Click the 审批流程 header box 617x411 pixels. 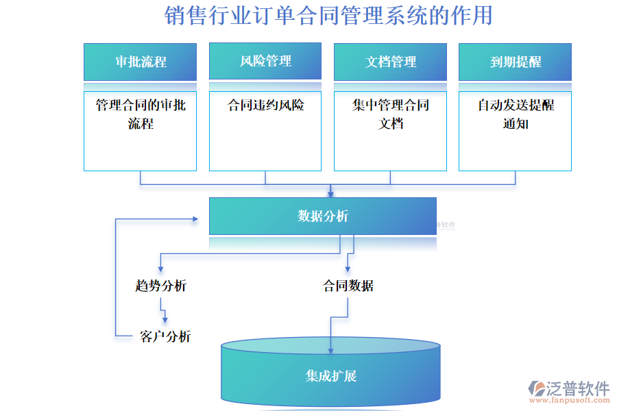tap(140, 62)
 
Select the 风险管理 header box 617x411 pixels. tap(265, 61)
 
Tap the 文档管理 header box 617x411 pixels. tap(390, 62)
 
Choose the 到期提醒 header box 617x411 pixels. tap(515, 62)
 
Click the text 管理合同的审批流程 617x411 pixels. tap(140, 114)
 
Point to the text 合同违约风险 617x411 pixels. tap(265, 105)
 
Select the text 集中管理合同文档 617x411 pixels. tap(390, 114)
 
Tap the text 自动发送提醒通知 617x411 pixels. tap(515, 114)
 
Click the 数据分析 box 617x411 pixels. tap(323, 216)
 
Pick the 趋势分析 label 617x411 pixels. tap(160, 286)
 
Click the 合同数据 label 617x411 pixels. tap(348, 286)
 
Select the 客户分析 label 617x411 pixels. tap(165, 336)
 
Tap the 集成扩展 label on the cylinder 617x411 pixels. tap(330, 376)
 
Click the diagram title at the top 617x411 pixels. tap(328, 15)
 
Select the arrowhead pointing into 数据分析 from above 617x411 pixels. tap(330, 194)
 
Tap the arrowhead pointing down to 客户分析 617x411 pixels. tap(165, 320)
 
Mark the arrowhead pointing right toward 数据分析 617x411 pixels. tap(194, 219)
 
